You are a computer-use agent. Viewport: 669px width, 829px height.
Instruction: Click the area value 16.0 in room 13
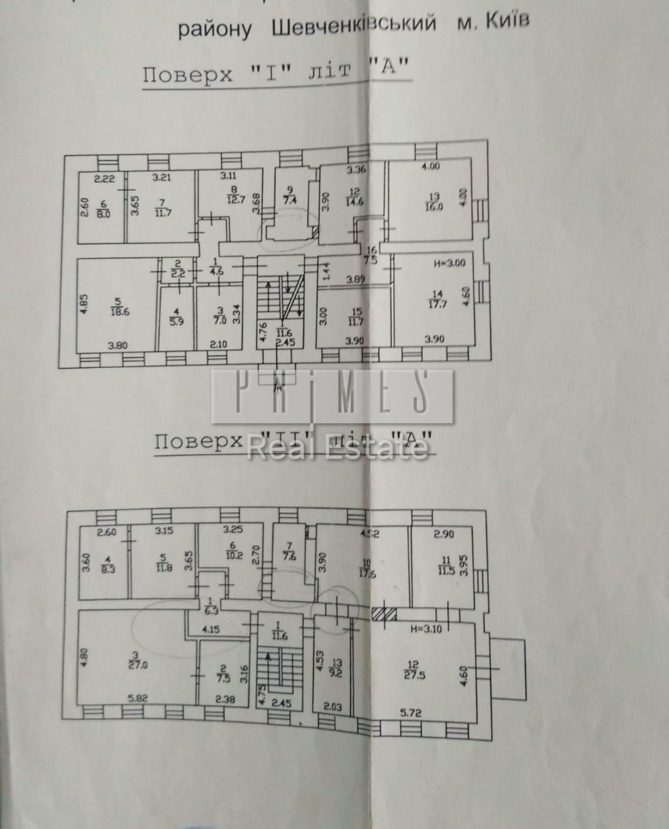pos(434,207)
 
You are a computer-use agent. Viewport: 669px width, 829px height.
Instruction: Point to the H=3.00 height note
pos(449,263)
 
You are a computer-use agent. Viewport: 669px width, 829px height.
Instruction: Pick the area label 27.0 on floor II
pos(138,664)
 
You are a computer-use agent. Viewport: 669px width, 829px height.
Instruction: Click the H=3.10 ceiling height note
pos(426,629)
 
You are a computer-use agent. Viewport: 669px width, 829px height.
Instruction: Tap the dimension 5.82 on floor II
pos(138,698)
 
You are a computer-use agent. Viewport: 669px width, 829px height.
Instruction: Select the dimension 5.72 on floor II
pos(410,713)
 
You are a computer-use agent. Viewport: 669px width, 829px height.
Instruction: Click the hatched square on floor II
pos(384,613)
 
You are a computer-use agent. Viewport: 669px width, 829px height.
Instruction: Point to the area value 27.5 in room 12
pos(414,676)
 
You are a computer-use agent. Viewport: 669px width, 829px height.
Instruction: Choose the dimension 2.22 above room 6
pos(104,179)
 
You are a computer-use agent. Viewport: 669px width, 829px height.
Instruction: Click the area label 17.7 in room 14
pos(437,303)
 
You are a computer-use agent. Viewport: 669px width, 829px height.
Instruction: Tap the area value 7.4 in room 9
pos(290,199)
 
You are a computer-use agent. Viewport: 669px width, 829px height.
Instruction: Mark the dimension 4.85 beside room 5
pos(83,302)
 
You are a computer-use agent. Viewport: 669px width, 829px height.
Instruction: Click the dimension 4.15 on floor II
pos(211,629)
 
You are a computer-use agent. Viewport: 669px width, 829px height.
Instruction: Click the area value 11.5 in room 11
pos(446,570)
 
